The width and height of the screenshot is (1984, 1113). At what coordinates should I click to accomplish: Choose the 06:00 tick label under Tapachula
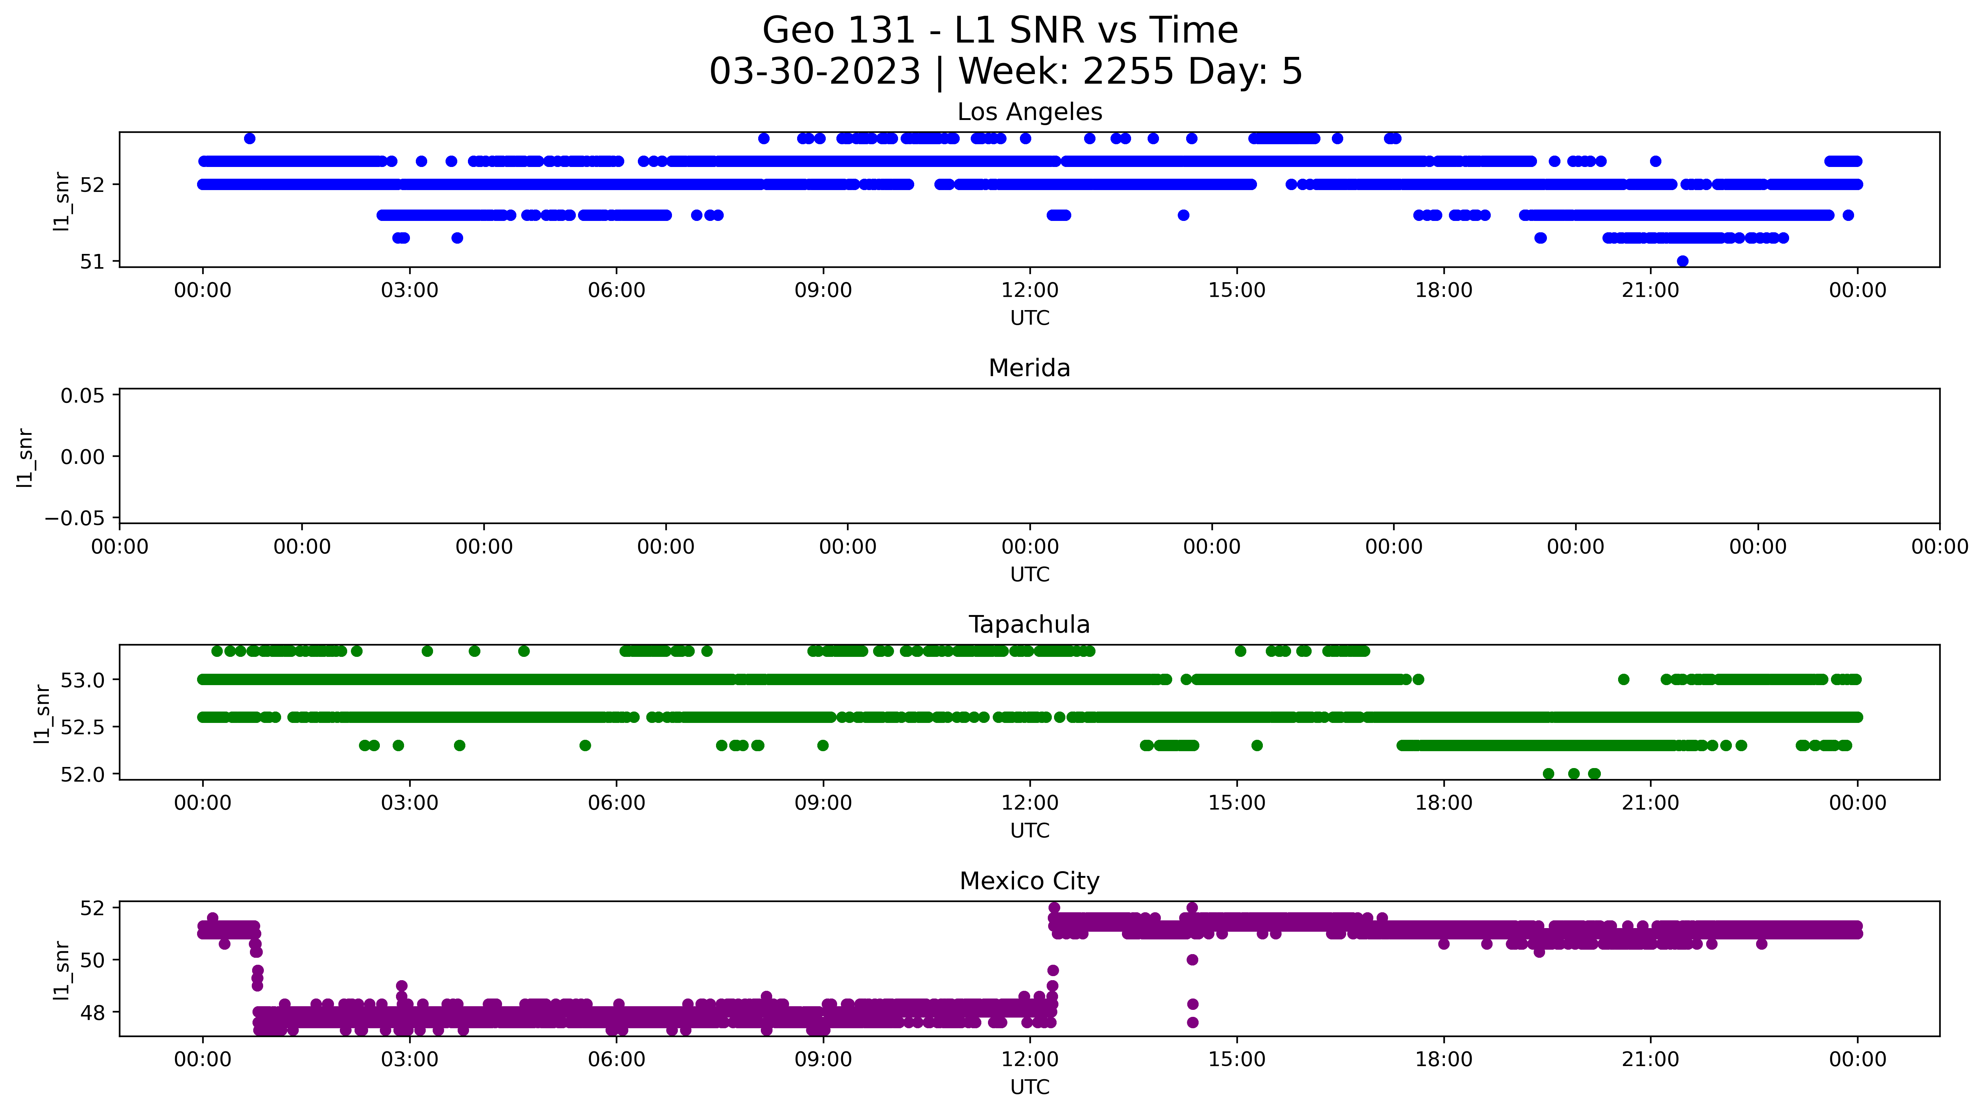[616, 803]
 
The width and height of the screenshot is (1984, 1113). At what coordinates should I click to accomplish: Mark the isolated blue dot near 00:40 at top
[250, 139]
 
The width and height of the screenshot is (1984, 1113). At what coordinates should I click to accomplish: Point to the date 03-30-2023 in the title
[815, 72]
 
